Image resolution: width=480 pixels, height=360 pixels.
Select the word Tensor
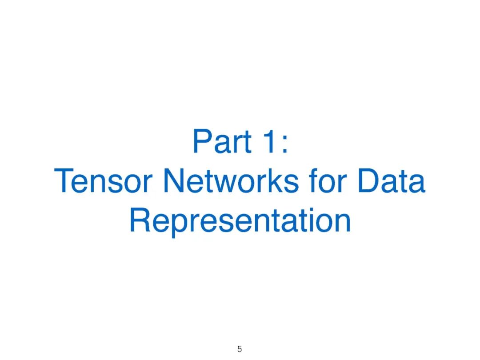(105, 181)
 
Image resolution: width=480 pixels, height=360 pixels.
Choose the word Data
(391, 181)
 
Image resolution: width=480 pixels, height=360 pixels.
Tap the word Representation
(240, 221)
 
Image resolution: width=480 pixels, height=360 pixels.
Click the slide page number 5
(240, 349)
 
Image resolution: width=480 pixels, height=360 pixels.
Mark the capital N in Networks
(174, 181)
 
